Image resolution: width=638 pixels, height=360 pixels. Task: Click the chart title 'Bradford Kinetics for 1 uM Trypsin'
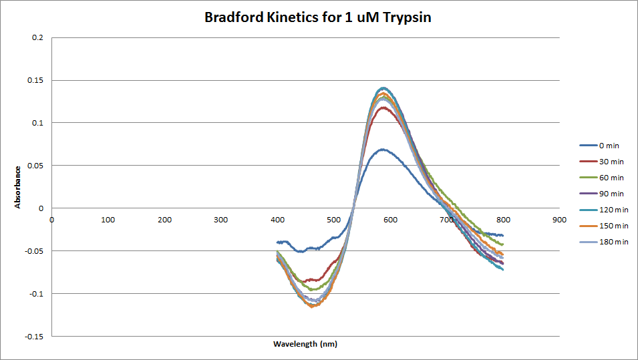[x=318, y=18]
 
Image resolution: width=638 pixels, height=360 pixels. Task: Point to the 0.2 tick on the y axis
[x=37, y=37]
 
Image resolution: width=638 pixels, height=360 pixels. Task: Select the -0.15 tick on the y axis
[x=34, y=336]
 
